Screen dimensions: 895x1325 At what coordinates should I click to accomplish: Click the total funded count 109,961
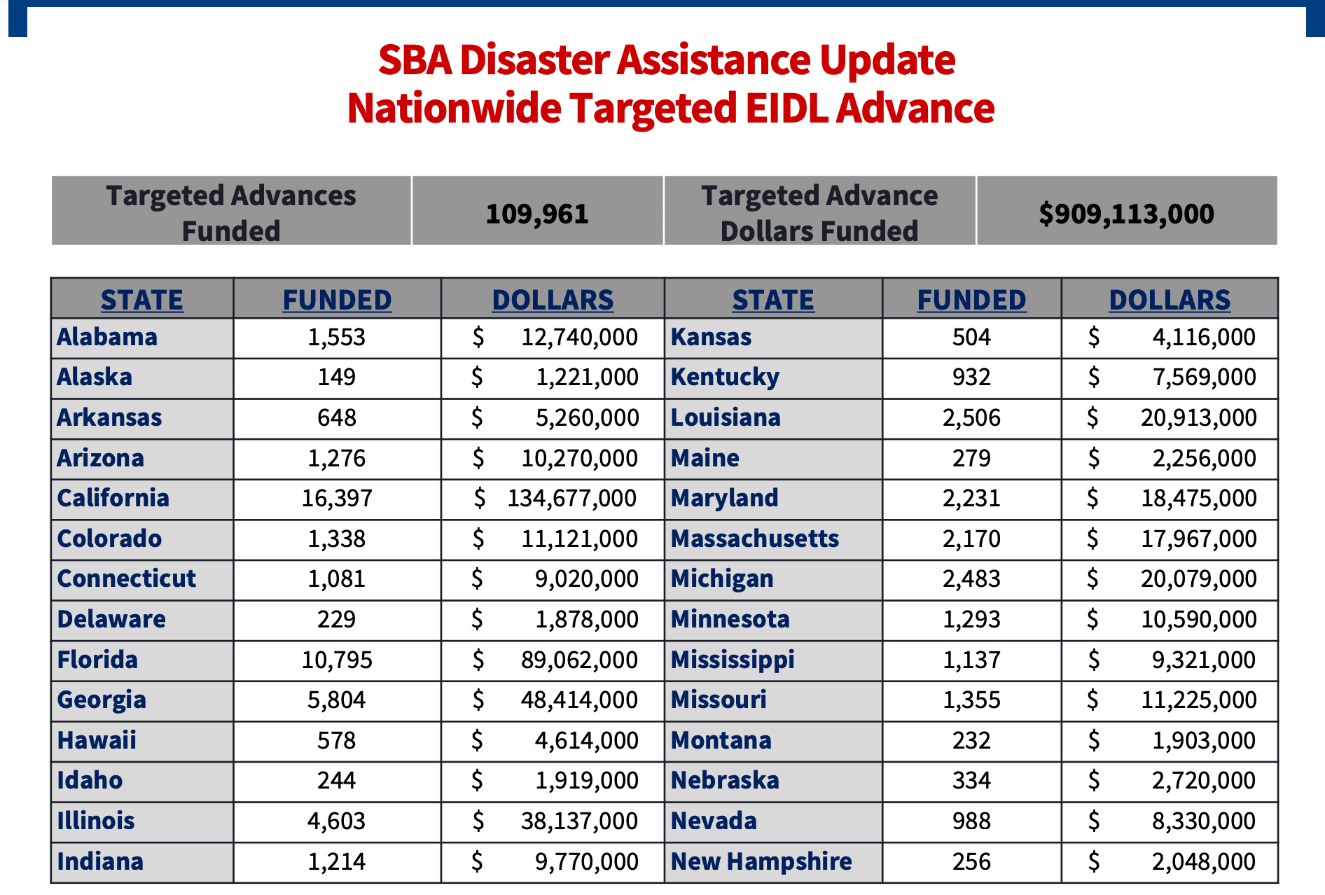coord(537,214)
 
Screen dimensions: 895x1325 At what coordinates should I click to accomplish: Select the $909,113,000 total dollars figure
coord(1126,214)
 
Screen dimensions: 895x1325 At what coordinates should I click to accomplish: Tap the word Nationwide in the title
coord(454,109)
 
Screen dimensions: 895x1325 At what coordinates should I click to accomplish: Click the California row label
coord(113,498)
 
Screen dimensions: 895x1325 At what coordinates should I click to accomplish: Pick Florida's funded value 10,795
coord(337,660)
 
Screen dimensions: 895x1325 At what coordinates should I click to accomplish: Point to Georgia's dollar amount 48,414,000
coord(579,700)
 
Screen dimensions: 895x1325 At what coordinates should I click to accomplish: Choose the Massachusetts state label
coord(754,539)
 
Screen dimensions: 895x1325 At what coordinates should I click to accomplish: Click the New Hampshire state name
coord(761,861)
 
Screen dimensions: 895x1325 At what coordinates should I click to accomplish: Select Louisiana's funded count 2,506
coord(971,417)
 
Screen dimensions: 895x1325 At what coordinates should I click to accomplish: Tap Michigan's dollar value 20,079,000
coord(1198,578)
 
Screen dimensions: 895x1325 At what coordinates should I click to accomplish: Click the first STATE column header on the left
coord(141,300)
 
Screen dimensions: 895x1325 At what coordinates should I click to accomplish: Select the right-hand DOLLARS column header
coord(1170,300)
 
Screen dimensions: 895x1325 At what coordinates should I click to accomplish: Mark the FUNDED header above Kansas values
coord(971,300)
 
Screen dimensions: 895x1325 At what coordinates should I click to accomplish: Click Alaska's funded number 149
coord(337,377)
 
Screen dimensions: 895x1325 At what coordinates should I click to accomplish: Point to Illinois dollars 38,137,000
coord(579,821)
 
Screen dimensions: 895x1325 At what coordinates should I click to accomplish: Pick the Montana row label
coord(721,740)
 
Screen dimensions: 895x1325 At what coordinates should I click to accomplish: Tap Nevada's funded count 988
coord(971,821)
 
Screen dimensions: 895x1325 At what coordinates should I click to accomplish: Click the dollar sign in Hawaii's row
coord(477,740)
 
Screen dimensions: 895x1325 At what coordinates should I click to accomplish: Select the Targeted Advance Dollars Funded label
coord(819,213)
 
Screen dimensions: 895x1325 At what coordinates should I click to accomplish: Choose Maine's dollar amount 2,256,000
coord(1204,458)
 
